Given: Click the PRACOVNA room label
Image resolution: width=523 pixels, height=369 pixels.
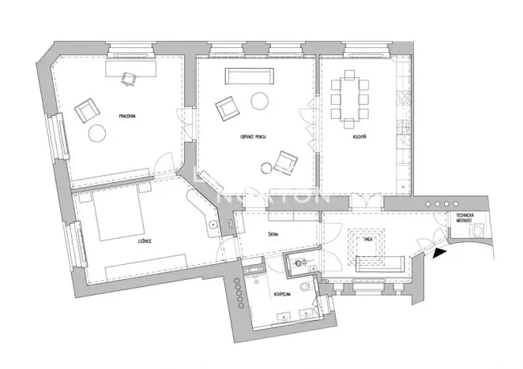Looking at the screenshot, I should coord(127,116).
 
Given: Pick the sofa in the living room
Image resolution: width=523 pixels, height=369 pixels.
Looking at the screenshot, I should coord(248,76).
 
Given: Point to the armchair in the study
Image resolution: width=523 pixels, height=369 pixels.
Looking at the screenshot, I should coord(85,110).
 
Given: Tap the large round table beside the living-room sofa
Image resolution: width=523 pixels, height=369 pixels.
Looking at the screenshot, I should coord(260,101).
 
